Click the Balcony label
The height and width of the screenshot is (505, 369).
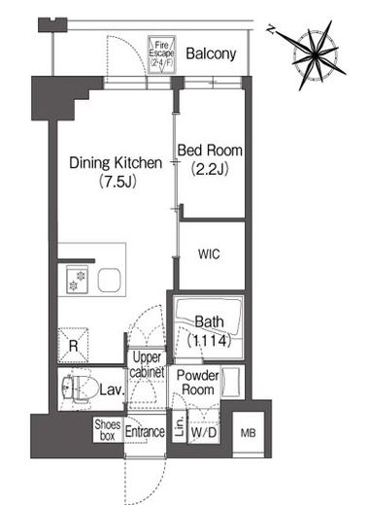(x=211, y=53)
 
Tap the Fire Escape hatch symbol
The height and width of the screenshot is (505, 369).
(x=161, y=54)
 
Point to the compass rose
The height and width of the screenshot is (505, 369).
(x=316, y=55)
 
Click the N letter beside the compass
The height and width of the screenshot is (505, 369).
(x=271, y=29)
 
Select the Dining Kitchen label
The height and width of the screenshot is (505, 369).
(x=116, y=162)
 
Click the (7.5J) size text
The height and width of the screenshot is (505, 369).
(x=117, y=182)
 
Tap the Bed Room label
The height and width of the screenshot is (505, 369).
(x=210, y=151)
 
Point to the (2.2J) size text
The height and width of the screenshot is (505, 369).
(x=210, y=169)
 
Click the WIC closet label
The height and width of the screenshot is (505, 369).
(x=209, y=254)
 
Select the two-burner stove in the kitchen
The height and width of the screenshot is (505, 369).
(x=77, y=280)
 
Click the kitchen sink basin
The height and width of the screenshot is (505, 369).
(x=110, y=280)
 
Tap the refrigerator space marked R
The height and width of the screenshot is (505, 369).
(x=73, y=346)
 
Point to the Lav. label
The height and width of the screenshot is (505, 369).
(x=112, y=389)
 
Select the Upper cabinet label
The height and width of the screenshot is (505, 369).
(x=147, y=365)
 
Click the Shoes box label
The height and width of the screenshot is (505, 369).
(x=108, y=430)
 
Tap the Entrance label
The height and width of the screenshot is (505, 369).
(x=145, y=431)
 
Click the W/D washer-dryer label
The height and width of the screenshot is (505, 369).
(x=204, y=432)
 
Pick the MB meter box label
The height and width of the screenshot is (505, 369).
(x=249, y=433)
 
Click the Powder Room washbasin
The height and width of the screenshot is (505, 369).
(x=232, y=382)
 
